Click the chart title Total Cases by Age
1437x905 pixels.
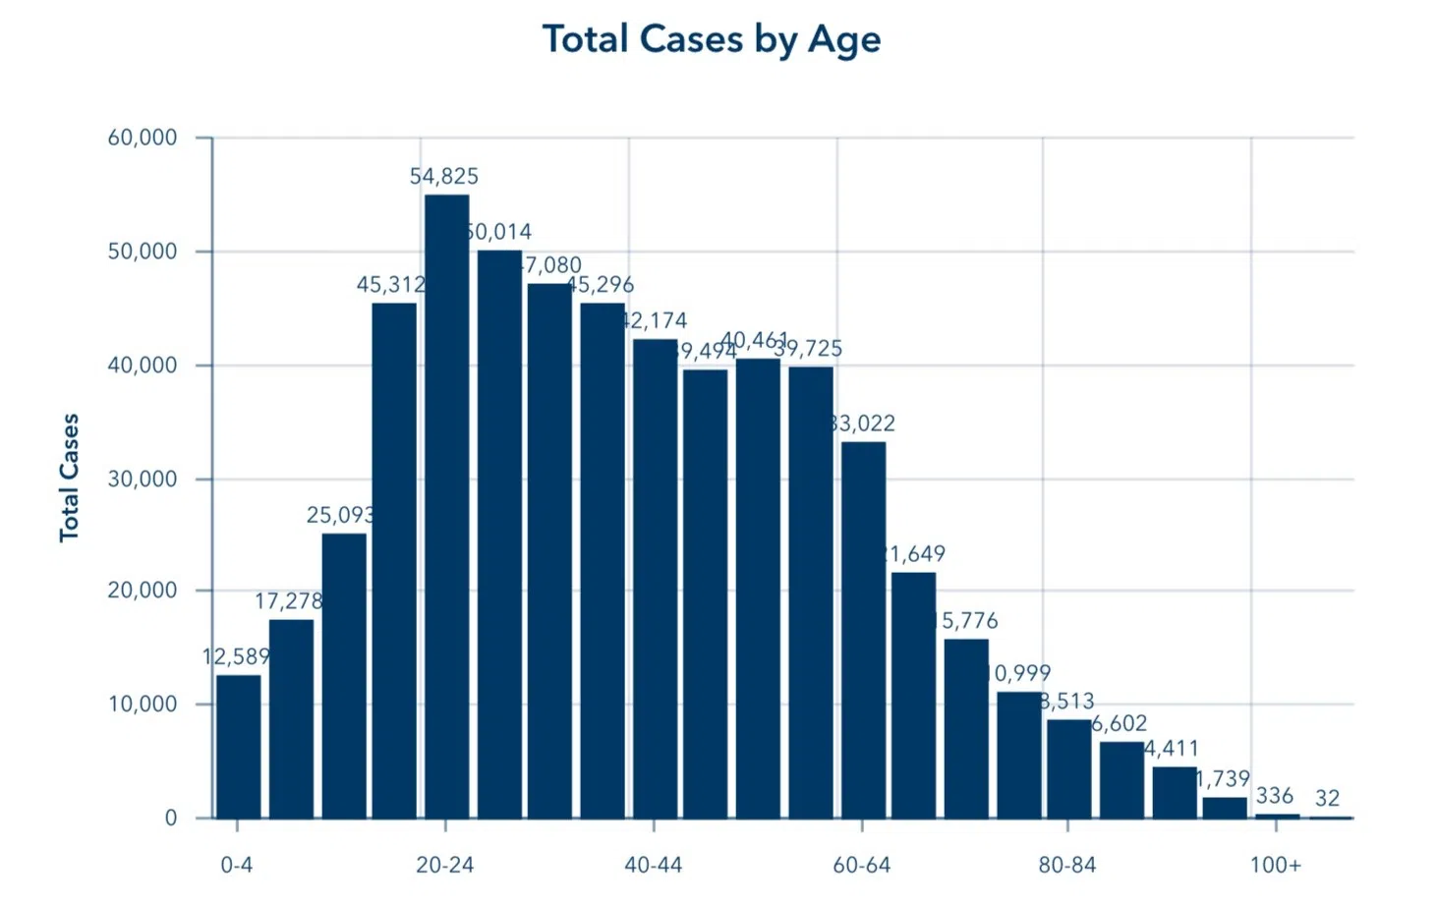711,39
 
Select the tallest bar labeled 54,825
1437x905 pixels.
446,506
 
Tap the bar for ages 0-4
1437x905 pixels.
239,746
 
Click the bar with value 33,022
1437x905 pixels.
863,629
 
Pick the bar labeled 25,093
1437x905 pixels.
344,675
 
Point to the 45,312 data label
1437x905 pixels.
390,285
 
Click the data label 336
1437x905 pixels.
1274,796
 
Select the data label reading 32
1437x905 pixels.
1327,798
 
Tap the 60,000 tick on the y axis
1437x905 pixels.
143,138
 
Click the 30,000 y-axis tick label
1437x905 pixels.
143,479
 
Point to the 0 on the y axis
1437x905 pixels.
171,818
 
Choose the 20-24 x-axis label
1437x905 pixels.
444,865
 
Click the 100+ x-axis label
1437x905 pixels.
1275,865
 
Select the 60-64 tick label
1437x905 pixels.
861,865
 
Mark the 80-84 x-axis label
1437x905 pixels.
1067,865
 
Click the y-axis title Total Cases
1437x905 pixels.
69,478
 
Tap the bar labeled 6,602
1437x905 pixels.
1121,779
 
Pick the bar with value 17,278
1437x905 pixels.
291,718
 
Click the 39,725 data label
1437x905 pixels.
808,349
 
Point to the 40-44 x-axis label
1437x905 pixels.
653,865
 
